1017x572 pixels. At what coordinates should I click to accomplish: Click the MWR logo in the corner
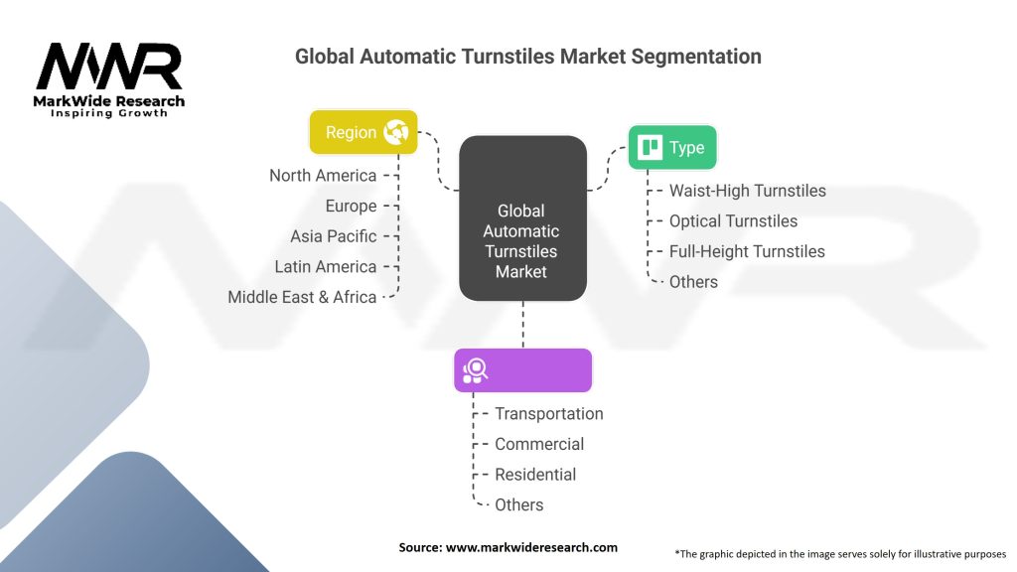(x=109, y=78)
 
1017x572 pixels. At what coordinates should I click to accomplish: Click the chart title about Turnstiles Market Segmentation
(x=527, y=57)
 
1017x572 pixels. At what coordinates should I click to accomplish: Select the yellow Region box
(x=363, y=132)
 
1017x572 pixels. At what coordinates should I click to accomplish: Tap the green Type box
(x=671, y=148)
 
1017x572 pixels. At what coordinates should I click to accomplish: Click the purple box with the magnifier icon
(x=522, y=369)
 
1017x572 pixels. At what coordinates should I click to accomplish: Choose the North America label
(x=323, y=176)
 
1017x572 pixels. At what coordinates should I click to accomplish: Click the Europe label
(x=351, y=206)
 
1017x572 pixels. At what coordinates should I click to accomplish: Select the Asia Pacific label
(x=334, y=236)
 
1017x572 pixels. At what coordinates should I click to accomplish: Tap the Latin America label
(x=326, y=266)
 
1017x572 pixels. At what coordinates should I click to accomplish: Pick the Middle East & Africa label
(x=302, y=297)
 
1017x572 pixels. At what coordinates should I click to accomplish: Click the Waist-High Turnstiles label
(x=747, y=191)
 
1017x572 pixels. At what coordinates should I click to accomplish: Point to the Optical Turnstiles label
(x=733, y=220)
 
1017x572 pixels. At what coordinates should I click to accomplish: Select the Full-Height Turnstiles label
(x=747, y=251)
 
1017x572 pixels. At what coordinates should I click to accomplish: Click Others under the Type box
(x=693, y=282)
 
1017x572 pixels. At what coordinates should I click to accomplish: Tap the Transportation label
(x=548, y=414)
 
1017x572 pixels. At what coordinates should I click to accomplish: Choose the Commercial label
(x=539, y=444)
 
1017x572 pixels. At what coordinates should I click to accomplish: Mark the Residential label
(x=534, y=475)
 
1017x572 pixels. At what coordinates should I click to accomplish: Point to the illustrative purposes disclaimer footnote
(x=840, y=553)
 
